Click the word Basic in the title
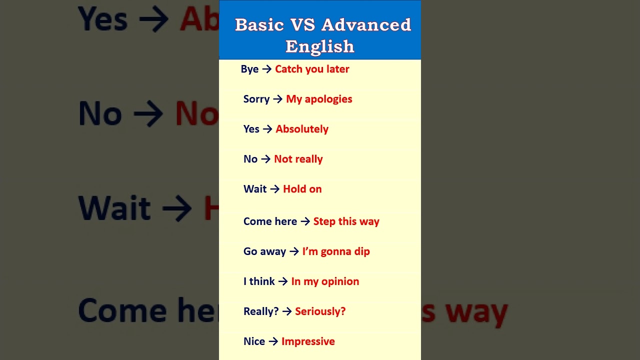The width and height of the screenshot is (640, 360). pos(259,24)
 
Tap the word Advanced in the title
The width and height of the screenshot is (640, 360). pos(366,24)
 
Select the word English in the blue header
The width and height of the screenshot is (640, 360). pos(320,46)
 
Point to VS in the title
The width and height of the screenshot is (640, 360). pos(302,24)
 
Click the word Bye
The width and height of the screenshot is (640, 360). pos(249,69)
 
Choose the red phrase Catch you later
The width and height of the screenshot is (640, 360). pos(312,69)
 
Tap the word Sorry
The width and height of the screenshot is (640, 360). pos(256,99)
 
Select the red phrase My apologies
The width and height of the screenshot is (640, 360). pos(319,99)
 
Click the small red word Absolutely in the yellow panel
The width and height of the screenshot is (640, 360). pos(302,129)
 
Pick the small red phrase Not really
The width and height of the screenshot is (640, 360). pos(298,159)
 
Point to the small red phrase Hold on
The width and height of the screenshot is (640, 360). pos(302,189)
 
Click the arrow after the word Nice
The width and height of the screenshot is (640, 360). pos(273,341)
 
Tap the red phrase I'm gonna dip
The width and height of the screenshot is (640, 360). pos(336,251)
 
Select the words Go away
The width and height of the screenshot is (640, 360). pos(264,251)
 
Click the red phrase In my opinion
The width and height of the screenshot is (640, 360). pos(325,281)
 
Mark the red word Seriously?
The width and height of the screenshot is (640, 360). pos(320,311)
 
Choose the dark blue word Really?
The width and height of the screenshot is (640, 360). pos(261,311)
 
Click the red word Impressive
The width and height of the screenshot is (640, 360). pos(308,341)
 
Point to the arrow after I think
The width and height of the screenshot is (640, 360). pos(283,281)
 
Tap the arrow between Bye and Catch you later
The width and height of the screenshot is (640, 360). pos(267,69)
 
